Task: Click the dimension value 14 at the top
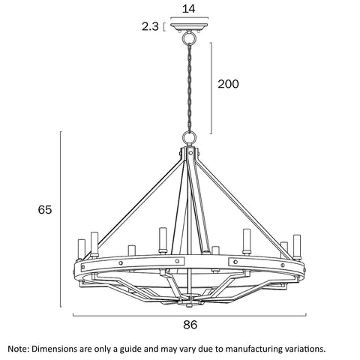coord(188,9)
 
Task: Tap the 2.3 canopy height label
coord(150,26)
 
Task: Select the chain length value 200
coord(228,84)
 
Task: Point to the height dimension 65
coord(45,209)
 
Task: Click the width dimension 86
coord(190,325)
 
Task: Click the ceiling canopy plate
coord(189,27)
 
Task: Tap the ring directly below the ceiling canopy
coord(188,37)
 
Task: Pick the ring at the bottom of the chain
coord(189,137)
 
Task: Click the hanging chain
coord(190,88)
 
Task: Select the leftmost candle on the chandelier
coord(82,249)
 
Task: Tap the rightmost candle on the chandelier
coord(297,247)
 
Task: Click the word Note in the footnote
coord(19,349)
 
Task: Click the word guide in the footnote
coord(131,349)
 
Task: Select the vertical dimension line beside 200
coord(211,88)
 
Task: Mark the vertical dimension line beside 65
coord(61,219)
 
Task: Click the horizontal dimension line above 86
coord(190,316)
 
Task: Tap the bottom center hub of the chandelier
coord(190,299)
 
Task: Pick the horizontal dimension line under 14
coord(189,18)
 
